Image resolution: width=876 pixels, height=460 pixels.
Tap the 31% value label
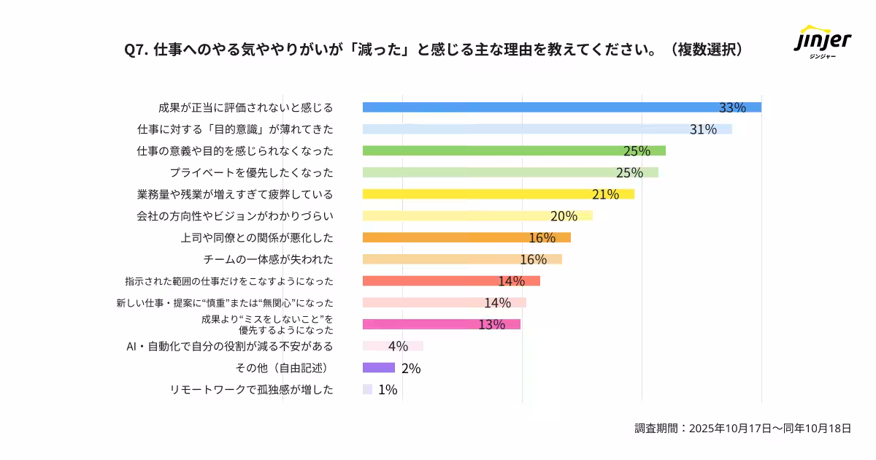[x=703, y=129]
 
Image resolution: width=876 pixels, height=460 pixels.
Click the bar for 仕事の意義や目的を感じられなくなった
[x=513, y=151]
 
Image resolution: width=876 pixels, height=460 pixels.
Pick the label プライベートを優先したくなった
[x=251, y=173]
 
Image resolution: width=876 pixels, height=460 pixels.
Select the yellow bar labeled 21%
[x=498, y=194]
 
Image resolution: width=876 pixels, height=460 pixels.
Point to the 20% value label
[x=564, y=216]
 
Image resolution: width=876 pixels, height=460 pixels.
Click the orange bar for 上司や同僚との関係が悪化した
[x=466, y=237]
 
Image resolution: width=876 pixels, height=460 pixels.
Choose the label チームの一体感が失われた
[x=268, y=259]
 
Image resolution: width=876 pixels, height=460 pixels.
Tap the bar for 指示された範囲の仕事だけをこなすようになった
[x=450, y=281]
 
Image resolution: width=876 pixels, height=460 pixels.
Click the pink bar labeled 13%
[x=441, y=324]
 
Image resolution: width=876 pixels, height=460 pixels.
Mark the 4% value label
[x=398, y=346]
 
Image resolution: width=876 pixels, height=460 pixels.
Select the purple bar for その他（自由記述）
[x=378, y=368]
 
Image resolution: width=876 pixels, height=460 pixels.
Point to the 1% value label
[x=388, y=390]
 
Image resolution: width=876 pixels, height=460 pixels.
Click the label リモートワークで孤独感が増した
[x=251, y=390]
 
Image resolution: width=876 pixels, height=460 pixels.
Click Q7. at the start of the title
[x=137, y=50]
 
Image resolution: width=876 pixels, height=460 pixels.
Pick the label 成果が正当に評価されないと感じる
[x=245, y=107]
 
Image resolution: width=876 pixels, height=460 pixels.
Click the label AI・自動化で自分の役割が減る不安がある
[x=230, y=346]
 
